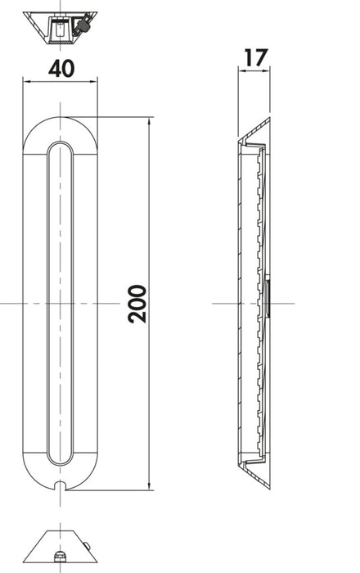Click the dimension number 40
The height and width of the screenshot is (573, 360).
pos(61,69)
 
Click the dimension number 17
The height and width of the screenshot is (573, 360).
pos(254,57)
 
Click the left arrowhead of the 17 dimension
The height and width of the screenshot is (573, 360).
pos(241,70)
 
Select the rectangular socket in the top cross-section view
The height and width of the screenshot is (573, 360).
pos(60,31)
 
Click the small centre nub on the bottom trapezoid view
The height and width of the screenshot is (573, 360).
pos(61,557)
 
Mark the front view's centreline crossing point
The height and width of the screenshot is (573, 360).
pos(61,304)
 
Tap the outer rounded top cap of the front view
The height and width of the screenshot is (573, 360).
pos(61,124)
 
